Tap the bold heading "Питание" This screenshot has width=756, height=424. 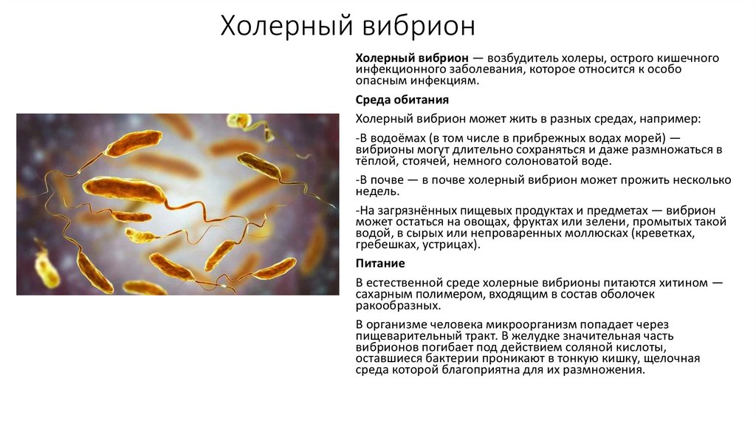[x=380, y=263]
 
